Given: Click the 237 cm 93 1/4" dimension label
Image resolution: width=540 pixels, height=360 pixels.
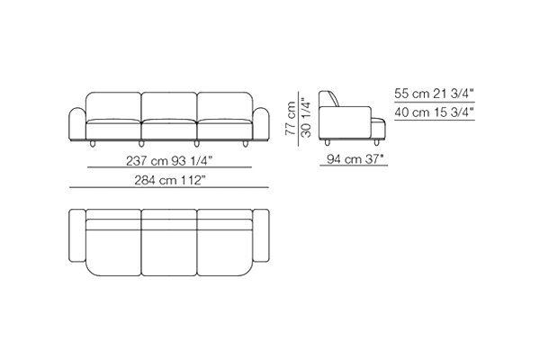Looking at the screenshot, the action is tap(169, 161).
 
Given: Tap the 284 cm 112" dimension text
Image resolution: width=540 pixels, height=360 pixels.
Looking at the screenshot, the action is tap(169, 180).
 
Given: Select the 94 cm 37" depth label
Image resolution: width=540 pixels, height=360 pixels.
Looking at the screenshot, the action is tap(355, 159).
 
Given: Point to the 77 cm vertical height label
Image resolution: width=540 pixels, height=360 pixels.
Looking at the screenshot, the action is tap(291, 118).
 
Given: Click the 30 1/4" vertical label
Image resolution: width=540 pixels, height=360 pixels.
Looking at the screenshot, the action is tap(306, 118).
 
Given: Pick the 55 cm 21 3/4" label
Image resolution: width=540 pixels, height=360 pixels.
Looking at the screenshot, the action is tap(434, 94).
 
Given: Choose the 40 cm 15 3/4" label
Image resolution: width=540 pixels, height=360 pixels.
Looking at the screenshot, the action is tap(434, 112).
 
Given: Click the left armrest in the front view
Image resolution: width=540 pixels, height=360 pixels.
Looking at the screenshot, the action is tap(77, 124).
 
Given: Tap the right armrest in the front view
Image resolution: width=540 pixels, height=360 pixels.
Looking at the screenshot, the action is tap(261, 124).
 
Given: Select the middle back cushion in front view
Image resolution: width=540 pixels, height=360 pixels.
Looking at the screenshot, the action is tap(169, 106).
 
